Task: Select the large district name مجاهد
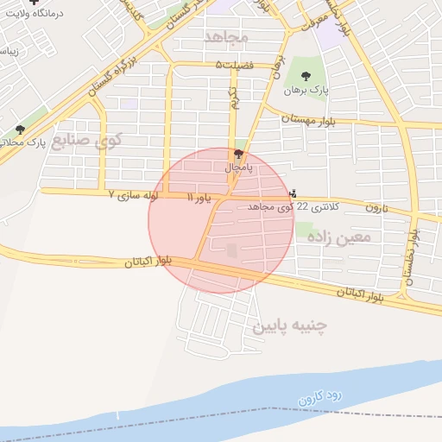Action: click(x=226, y=38)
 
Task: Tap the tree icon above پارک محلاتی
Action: click(x=20, y=129)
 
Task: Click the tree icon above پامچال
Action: click(x=238, y=154)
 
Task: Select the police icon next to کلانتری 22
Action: click(x=294, y=193)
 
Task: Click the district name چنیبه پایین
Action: click(x=290, y=326)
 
